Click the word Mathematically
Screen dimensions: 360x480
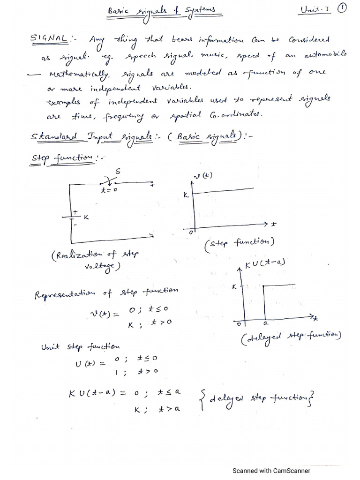pyautogui.click(x=78, y=74)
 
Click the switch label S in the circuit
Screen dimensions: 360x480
pyautogui.click(x=118, y=172)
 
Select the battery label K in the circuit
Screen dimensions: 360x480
pyautogui.click(x=86, y=217)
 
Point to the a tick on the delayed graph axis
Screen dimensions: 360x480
pyautogui.click(x=265, y=323)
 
